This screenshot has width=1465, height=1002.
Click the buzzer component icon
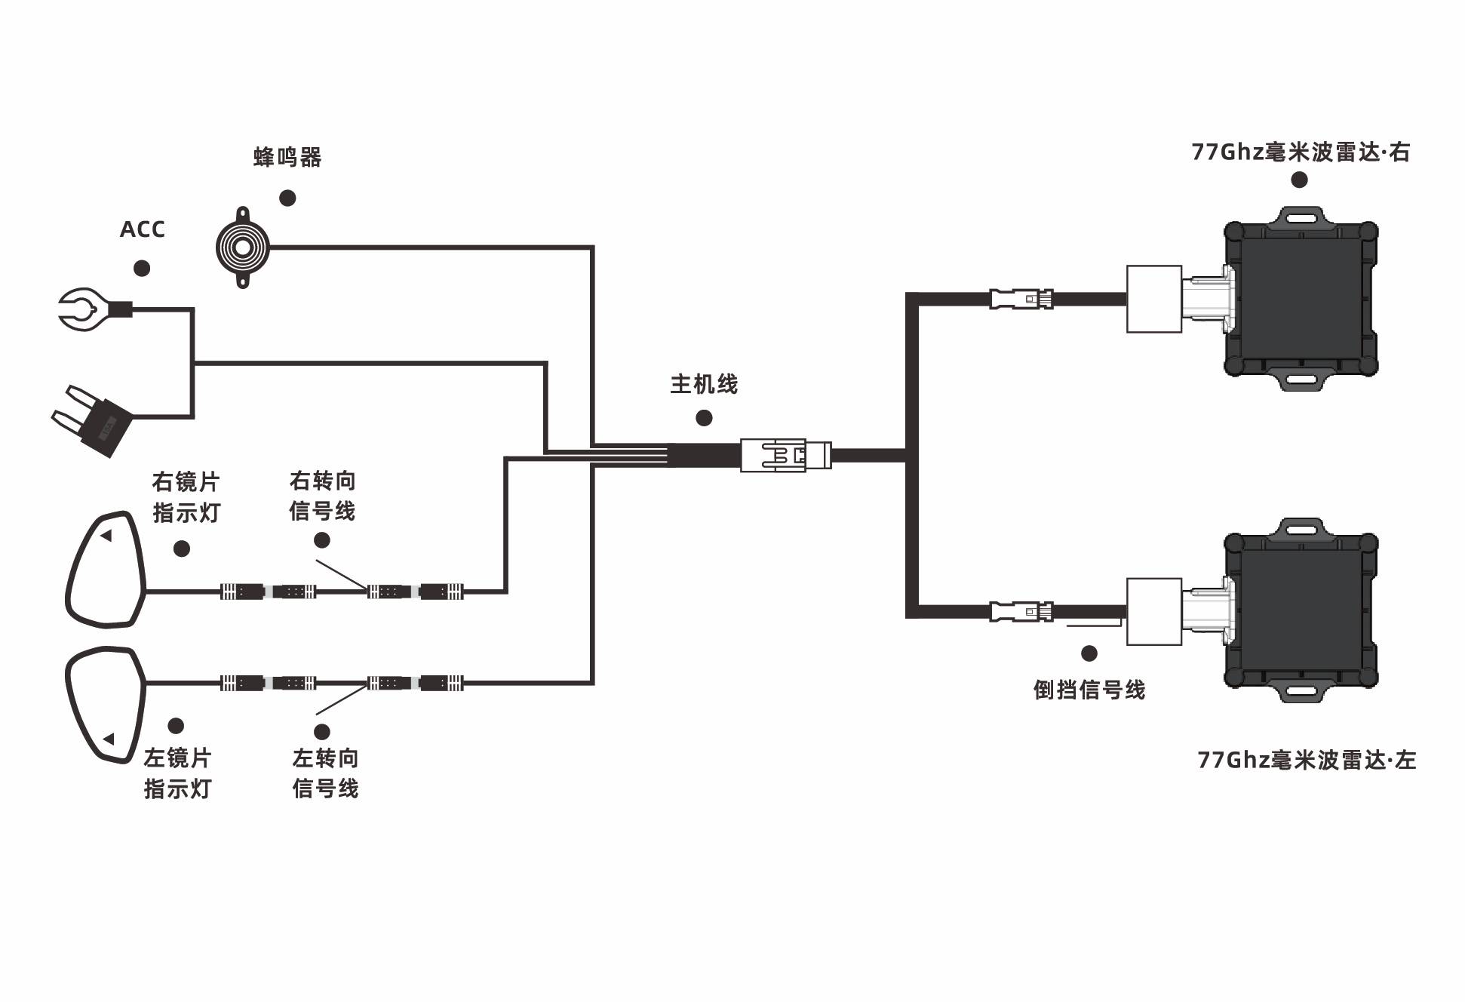click(242, 247)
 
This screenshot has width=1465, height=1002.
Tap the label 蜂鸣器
click(287, 158)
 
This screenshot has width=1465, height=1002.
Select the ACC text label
click(142, 229)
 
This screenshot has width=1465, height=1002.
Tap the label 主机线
click(704, 385)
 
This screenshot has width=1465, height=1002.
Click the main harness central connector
click(785, 455)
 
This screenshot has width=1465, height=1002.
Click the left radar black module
click(1301, 611)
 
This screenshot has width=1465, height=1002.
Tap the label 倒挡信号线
click(1089, 690)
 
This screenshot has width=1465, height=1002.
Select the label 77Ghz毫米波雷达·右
click(1300, 152)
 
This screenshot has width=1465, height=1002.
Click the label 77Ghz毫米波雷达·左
click(1306, 760)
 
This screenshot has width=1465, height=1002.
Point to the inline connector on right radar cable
click(1021, 299)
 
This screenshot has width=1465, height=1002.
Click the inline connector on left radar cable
click(1021, 610)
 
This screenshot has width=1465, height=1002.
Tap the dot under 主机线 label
click(704, 418)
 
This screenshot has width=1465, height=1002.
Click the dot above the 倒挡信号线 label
click(1089, 653)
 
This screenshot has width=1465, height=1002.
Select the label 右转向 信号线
click(322, 496)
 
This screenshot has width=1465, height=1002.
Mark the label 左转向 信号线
click(325, 773)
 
